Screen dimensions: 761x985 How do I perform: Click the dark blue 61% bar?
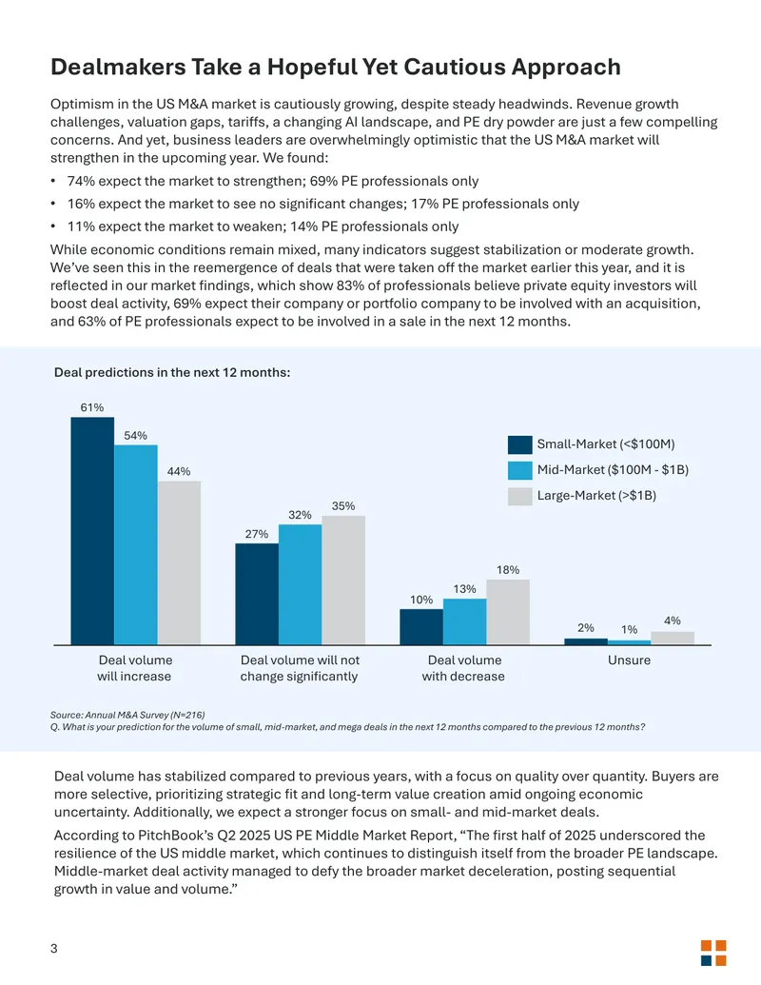coord(92,531)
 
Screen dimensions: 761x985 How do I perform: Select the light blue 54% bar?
coord(136,544)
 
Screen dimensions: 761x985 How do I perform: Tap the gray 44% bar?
coord(179,562)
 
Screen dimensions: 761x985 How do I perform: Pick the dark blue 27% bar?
coord(257,594)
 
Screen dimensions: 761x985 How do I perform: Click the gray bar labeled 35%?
coord(343,580)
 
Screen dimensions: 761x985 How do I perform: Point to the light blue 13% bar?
coord(464,621)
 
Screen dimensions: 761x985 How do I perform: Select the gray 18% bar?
coord(508,612)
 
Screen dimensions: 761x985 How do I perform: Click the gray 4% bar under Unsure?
coord(673,638)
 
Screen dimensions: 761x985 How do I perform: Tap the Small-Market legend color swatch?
coord(520,444)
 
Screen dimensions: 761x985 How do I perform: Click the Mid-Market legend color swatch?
coord(520,470)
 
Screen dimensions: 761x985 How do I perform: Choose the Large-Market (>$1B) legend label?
coord(596,496)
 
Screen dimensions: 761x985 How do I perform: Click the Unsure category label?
coord(629,660)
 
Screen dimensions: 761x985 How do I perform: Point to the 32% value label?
coord(301,515)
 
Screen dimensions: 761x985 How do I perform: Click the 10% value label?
coord(421,600)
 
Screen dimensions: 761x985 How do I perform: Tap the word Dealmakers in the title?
coord(118,67)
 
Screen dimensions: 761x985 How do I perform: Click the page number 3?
coord(54,949)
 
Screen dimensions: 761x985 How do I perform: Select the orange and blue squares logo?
coord(713,953)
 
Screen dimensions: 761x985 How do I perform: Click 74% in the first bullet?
coord(81,181)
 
